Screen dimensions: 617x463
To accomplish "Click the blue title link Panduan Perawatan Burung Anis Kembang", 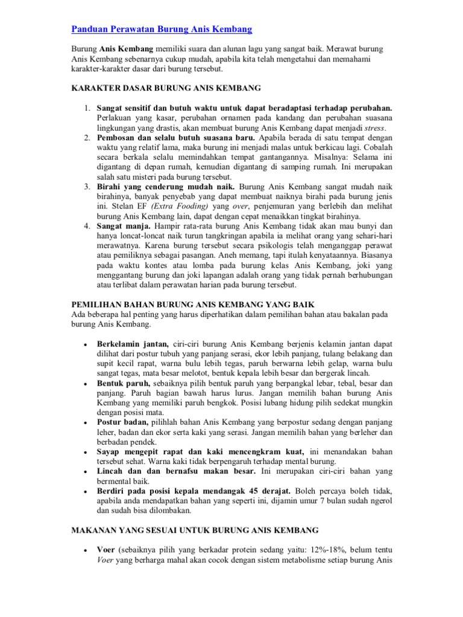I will [162, 29].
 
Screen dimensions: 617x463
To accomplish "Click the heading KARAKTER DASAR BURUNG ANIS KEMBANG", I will [166, 89].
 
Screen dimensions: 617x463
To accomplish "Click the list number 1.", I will [87, 108].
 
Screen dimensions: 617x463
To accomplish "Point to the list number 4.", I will [87, 226].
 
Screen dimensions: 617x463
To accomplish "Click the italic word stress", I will [377, 128].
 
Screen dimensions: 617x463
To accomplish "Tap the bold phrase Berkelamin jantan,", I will [133, 344].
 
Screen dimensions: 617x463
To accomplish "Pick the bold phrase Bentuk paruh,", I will [124, 383].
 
